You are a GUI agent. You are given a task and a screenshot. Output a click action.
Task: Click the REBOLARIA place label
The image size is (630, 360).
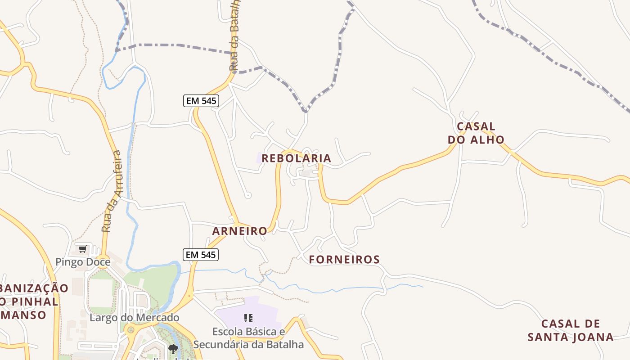(x=296, y=158)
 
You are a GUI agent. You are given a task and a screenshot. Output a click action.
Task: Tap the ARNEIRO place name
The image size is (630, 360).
(x=239, y=231)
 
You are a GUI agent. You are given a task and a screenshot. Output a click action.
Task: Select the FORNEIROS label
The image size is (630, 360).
(x=344, y=260)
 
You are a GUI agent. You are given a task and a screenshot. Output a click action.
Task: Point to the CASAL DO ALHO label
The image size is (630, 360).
(x=476, y=133)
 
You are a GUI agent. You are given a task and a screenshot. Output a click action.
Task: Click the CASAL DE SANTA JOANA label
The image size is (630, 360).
(x=571, y=330)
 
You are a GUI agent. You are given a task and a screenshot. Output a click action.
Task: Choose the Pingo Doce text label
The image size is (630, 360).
(x=83, y=262)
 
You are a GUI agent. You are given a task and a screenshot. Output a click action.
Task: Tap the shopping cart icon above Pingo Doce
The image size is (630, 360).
(x=82, y=249)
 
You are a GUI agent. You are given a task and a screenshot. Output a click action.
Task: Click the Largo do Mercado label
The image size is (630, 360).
(x=135, y=318)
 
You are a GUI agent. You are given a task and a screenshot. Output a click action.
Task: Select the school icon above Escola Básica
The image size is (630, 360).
(x=248, y=318)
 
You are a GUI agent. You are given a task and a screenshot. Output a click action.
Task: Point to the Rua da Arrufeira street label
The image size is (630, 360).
(x=112, y=191)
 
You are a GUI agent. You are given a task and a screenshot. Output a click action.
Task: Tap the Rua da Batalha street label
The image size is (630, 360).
(x=234, y=36)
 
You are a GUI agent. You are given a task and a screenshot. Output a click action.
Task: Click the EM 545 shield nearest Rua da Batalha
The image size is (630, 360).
(x=201, y=101)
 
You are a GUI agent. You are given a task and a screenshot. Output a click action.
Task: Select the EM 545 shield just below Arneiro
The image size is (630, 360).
(x=201, y=255)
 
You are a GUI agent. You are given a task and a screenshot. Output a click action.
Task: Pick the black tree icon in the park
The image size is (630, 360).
(x=173, y=349)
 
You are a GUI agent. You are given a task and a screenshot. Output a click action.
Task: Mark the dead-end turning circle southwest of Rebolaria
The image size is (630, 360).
(x=247, y=195)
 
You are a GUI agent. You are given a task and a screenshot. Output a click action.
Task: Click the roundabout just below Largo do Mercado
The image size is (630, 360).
(x=131, y=332)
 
